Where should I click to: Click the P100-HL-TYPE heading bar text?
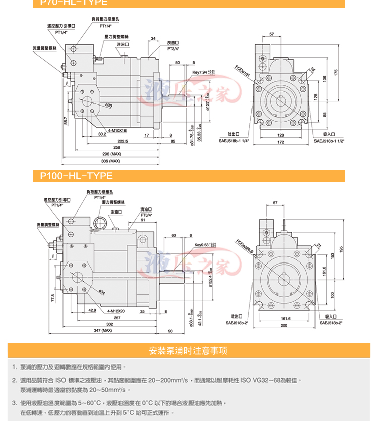[76, 176]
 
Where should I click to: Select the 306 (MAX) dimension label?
[112, 161]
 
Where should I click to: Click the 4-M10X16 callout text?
[117, 130]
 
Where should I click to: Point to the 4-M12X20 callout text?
[117, 311]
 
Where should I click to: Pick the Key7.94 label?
[204, 73]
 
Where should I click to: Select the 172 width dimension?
[281, 142]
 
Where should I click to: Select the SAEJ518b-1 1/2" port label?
[329, 141]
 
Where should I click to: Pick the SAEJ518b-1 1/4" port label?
[234, 141]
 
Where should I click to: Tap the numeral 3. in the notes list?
[15, 403]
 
